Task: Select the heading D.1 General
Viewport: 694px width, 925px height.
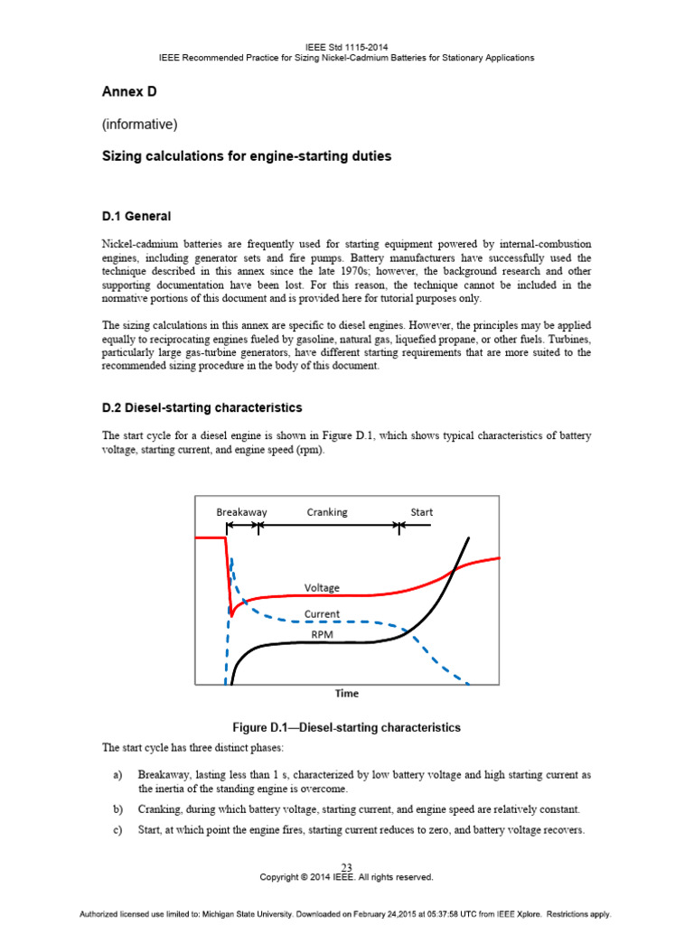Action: coord(136,217)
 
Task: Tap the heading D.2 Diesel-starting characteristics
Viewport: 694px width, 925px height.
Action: coord(202,408)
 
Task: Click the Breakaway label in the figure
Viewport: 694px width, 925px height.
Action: coord(241,512)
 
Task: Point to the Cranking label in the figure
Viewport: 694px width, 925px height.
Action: coord(326,512)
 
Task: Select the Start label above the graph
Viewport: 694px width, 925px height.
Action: coord(421,512)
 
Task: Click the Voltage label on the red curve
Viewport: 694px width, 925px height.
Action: coord(322,588)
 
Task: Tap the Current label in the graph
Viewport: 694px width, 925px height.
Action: coord(322,614)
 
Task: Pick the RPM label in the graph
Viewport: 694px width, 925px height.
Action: coord(322,635)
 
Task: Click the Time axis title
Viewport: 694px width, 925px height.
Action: coord(347,694)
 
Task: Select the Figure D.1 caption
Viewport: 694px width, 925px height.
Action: coord(347,727)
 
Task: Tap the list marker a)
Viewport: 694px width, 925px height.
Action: coord(117,775)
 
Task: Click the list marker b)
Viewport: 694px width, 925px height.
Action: coord(117,809)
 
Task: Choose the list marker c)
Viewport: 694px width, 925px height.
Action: coord(117,831)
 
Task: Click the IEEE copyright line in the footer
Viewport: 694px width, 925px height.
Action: coord(347,877)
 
